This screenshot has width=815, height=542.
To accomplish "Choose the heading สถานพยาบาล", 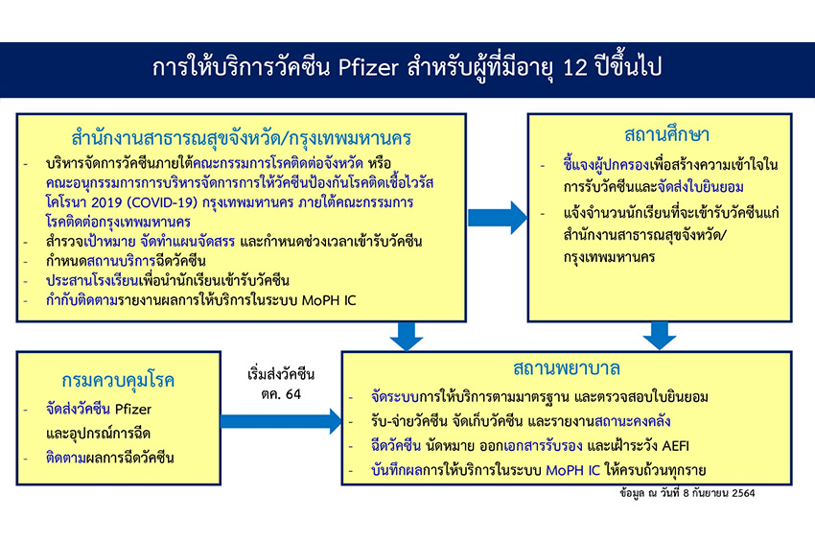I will (566, 368).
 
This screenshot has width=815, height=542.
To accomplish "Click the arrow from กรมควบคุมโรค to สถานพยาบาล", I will (281, 420).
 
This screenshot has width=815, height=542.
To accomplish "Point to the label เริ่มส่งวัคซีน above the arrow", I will (281, 374).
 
